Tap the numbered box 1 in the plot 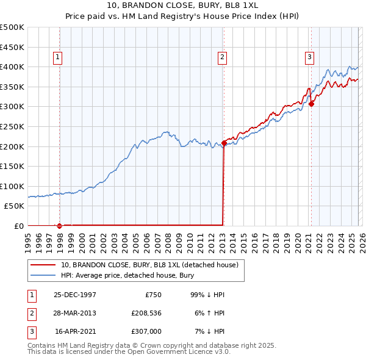pyautogui.click(x=57, y=58)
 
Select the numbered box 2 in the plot pyautogui.click(x=221, y=58)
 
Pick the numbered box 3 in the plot pyautogui.click(x=309, y=58)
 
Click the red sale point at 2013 pyautogui.click(x=224, y=143)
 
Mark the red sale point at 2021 pyautogui.click(x=311, y=104)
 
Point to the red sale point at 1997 pyautogui.click(x=60, y=226)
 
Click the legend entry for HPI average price pyautogui.click(x=127, y=275)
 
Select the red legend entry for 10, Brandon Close pyautogui.click(x=152, y=265)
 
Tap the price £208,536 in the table pyautogui.click(x=146, y=313)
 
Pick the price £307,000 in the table pyautogui.click(x=146, y=331)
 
